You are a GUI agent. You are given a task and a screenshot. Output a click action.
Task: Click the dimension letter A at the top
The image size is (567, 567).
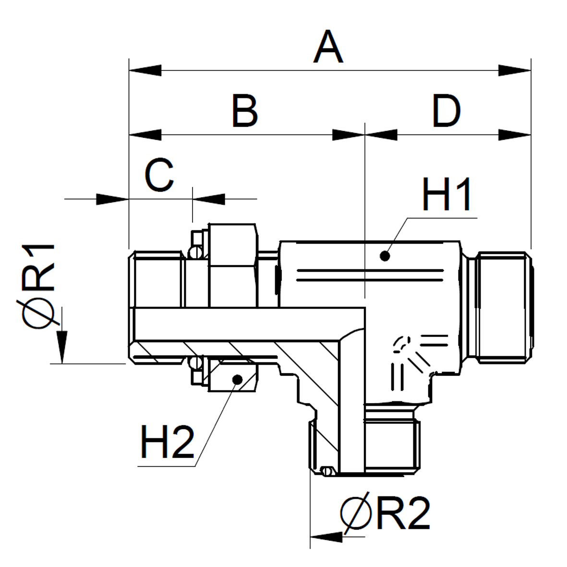(x=328, y=48)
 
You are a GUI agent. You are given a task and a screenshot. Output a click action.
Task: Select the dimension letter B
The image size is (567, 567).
(x=245, y=111)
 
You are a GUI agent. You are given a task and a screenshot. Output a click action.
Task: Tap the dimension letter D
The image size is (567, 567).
(x=446, y=111)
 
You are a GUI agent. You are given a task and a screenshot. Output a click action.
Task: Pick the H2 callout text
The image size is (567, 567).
(x=167, y=442)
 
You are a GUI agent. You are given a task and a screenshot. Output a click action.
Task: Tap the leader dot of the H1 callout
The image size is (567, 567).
(x=385, y=256)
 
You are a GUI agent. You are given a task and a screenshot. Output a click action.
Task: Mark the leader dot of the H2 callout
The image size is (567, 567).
(x=236, y=379)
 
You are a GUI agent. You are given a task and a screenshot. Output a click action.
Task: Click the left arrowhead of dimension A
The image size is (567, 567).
(x=144, y=71)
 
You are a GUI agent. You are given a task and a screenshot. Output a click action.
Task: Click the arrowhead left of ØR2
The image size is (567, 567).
(x=326, y=536)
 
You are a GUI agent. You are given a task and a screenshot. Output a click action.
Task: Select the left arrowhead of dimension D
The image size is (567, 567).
(x=381, y=135)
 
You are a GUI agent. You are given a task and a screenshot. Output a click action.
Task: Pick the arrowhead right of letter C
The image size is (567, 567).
(x=208, y=199)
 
